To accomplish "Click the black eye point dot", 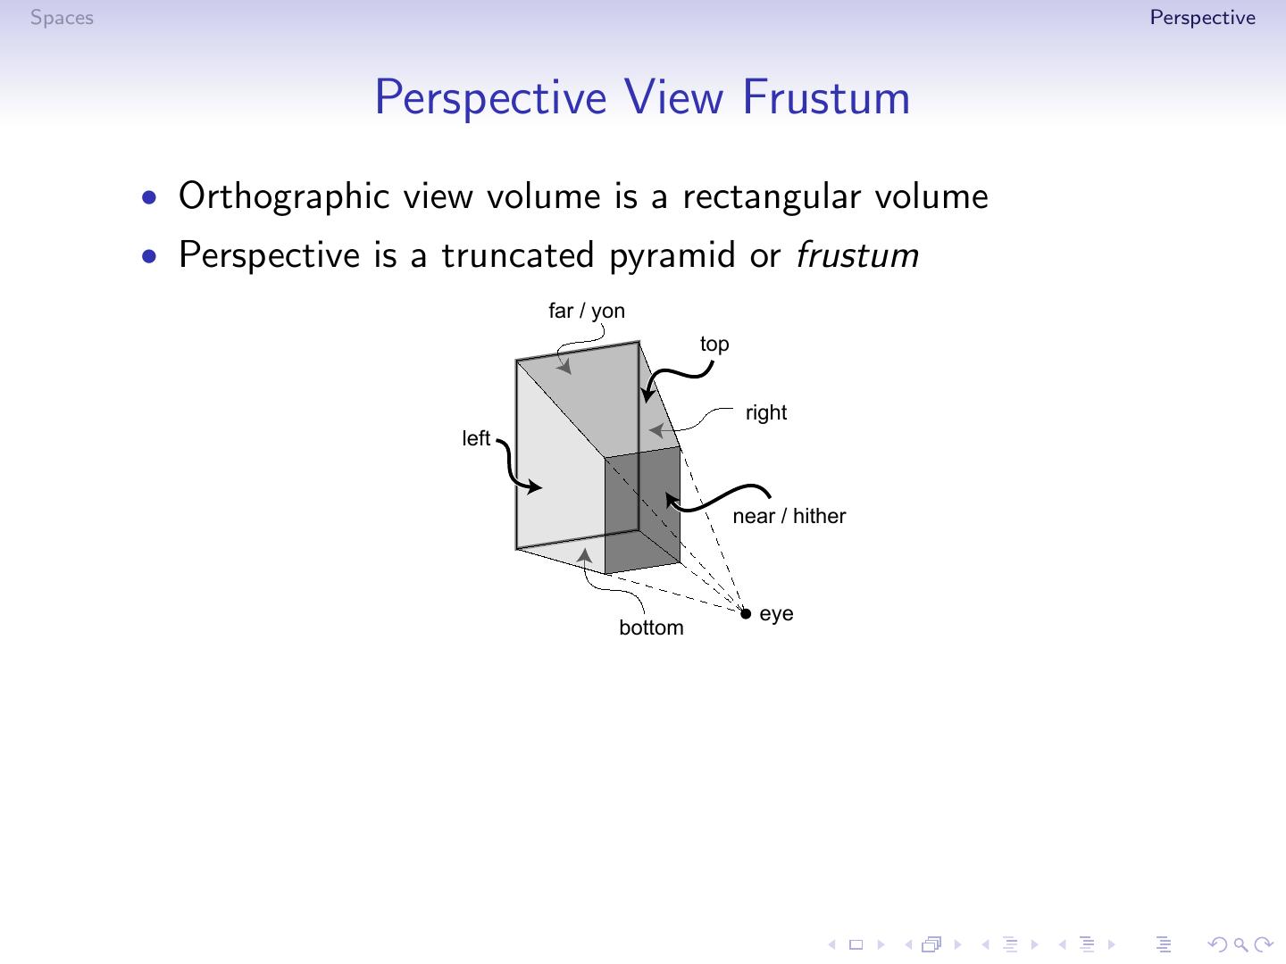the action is pos(746,613).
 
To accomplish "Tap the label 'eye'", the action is pos(776,614).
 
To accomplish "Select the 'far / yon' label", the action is pos(587,311).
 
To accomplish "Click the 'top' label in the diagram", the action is pos(714,344).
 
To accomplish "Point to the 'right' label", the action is pos(766,412).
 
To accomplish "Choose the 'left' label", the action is pos(476,438).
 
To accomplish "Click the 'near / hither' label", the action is pos(789,516).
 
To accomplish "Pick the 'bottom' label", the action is pos(651,627).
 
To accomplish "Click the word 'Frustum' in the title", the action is pos(826,97).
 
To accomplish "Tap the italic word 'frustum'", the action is pos(857,255).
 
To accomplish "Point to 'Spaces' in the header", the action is pos(62,18).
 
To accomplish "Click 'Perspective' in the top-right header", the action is pos(1202,18).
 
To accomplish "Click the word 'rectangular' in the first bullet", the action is pos(772,197).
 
